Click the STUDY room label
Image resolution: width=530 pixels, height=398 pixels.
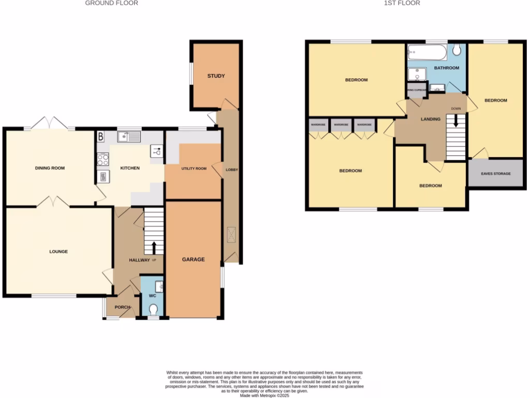[216, 76]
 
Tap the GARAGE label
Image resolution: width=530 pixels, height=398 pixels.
[193, 260]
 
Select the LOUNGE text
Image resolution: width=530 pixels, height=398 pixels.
[58, 252]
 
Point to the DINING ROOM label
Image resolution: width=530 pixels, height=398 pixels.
[50, 168]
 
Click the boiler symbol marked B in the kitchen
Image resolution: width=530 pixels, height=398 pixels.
[101, 137]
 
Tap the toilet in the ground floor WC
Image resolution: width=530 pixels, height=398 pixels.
[153, 309]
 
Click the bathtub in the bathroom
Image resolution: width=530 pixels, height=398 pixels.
[427, 52]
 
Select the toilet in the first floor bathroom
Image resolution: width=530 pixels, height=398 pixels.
[457, 50]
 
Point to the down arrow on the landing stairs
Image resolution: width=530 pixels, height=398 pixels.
[456, 121]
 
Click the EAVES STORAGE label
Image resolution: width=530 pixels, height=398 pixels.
[495, 174]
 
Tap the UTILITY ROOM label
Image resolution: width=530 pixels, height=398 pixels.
[194, 169]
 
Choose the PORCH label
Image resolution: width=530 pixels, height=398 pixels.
[123, 307]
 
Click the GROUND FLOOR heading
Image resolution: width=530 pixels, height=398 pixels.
[111, 3]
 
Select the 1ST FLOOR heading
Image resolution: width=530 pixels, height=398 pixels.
[402, 3]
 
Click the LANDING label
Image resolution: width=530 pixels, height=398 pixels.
[431, 119]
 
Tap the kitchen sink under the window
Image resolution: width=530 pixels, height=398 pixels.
[128, 137]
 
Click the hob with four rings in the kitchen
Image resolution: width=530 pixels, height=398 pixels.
[102, 159]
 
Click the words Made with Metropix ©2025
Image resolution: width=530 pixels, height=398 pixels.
[264, 395]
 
